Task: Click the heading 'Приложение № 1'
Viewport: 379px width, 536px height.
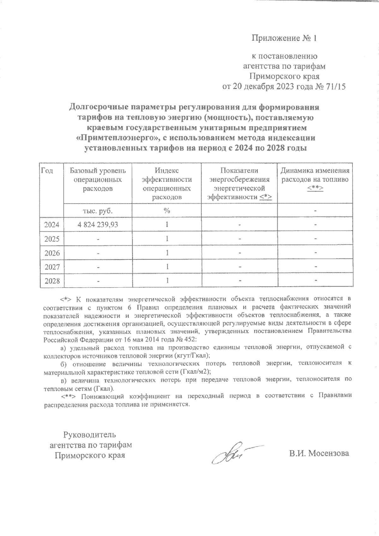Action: pyautogui.click(x=284, y=39)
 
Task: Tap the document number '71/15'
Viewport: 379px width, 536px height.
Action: pyautogui.click(x=335, y=87)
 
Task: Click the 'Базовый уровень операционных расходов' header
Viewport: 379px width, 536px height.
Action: pyautogui.click(x=98, y=180)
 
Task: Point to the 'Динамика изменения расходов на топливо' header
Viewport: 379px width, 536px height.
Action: pyautogui.click(x=315, y=179)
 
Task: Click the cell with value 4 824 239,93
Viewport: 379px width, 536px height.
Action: pyautogui.click(x=98, y=225)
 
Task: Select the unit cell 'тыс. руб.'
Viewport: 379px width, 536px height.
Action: pyautogui.click(x=98, y=211)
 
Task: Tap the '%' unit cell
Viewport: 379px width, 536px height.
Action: pyautogui.click(x=167, y=211)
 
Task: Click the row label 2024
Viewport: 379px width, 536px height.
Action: pyautogui.click(x=52, y=225)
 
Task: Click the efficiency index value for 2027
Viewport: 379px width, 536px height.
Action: pyautogui.click(x=167, y=266)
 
